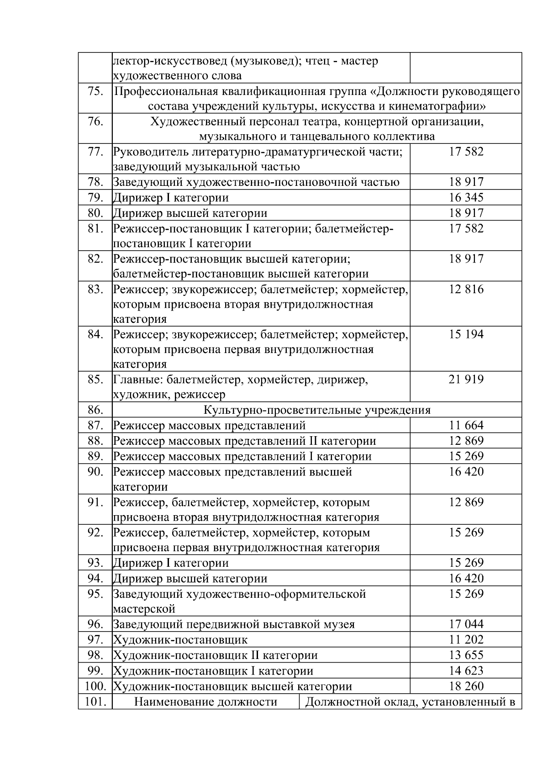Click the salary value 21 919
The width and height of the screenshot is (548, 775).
point(466,380)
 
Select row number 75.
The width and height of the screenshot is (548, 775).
point(95,91)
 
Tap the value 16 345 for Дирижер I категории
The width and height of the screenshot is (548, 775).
point(466,198)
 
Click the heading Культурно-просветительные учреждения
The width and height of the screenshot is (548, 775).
point(316,410)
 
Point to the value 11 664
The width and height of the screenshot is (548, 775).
point(466,426)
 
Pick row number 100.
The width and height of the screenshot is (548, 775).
point(95,686)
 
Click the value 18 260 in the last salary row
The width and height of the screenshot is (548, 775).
point(466,686)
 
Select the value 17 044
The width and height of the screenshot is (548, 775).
point(466,624)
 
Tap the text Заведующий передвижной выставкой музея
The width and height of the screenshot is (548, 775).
point(234,624)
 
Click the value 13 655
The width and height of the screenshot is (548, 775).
point(466,655)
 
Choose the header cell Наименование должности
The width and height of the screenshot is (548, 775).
point(205,702)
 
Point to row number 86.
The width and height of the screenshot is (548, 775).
point(95,410)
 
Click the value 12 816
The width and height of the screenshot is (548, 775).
point(466,290)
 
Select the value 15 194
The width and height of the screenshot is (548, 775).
point(466,335)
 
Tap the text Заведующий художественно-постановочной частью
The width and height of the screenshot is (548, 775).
point(256,182)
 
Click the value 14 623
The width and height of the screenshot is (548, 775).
point(466,671)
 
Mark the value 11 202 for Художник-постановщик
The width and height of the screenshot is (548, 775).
point(466,640)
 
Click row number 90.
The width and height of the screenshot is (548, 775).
point(95,472)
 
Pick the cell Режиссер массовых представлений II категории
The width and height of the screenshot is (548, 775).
point(244,441)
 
